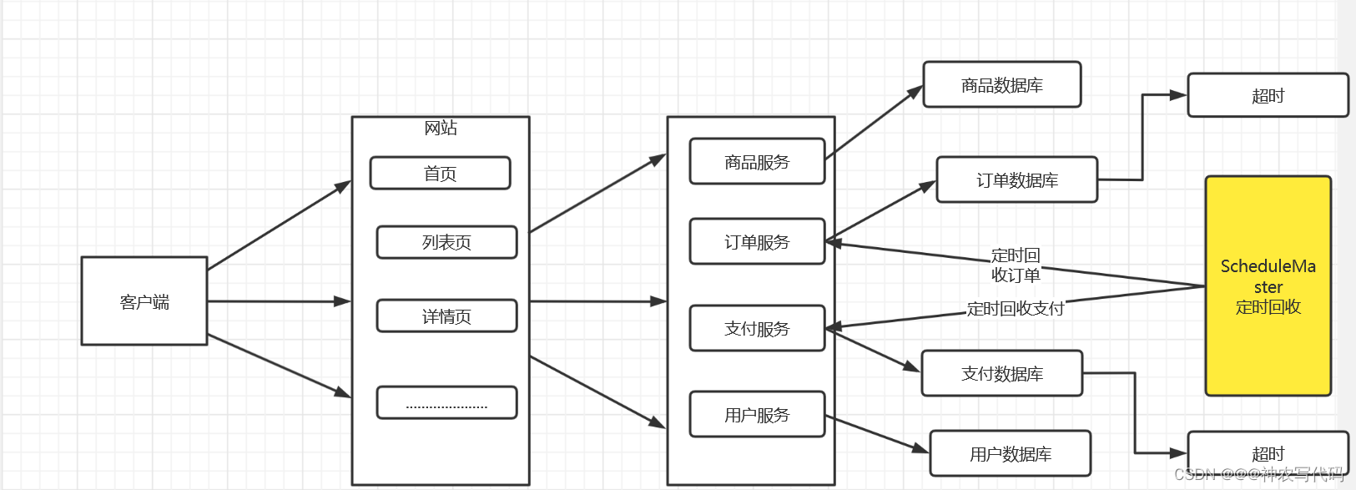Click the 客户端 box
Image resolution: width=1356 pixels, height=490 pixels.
click(x=144, y=301)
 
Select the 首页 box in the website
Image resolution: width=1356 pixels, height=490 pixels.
click(x=440, y=174)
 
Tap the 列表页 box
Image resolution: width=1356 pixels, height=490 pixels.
click(x=446, y=242)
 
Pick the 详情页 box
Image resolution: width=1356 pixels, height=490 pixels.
click(x=446, y=316)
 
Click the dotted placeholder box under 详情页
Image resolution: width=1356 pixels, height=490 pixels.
click(x=446, y=402)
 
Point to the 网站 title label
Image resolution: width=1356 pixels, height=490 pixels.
click(x=441, y=128)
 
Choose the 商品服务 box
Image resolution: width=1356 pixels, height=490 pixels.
click(x=757, y=162)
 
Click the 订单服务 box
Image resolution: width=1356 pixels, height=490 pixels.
click(x=757, y=242)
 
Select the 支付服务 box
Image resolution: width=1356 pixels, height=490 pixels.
click(x=757, y=329)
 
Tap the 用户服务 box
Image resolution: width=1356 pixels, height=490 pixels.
click(x=757, y=415)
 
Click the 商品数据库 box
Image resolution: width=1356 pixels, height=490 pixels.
click(x=1001, y=85)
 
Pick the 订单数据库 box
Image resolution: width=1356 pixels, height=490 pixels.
click(x=1016, y=180)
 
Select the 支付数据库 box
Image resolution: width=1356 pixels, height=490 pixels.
click(x=1001, y=374)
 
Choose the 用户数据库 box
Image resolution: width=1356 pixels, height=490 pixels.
click(x=1010, y=454)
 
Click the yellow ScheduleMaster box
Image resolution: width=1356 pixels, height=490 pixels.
click(x=1268, y=286)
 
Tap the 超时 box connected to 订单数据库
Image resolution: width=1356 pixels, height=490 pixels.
click(x=1268, y=96)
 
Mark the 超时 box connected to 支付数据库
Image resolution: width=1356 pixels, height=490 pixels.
click(x=1268, y=453)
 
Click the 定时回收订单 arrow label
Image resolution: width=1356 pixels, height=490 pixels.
click(x=1016, y=265)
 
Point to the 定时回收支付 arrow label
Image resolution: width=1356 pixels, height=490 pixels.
click(x=1016, y=309)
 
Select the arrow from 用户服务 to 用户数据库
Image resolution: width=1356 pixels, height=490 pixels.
click(x=876, y=434)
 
